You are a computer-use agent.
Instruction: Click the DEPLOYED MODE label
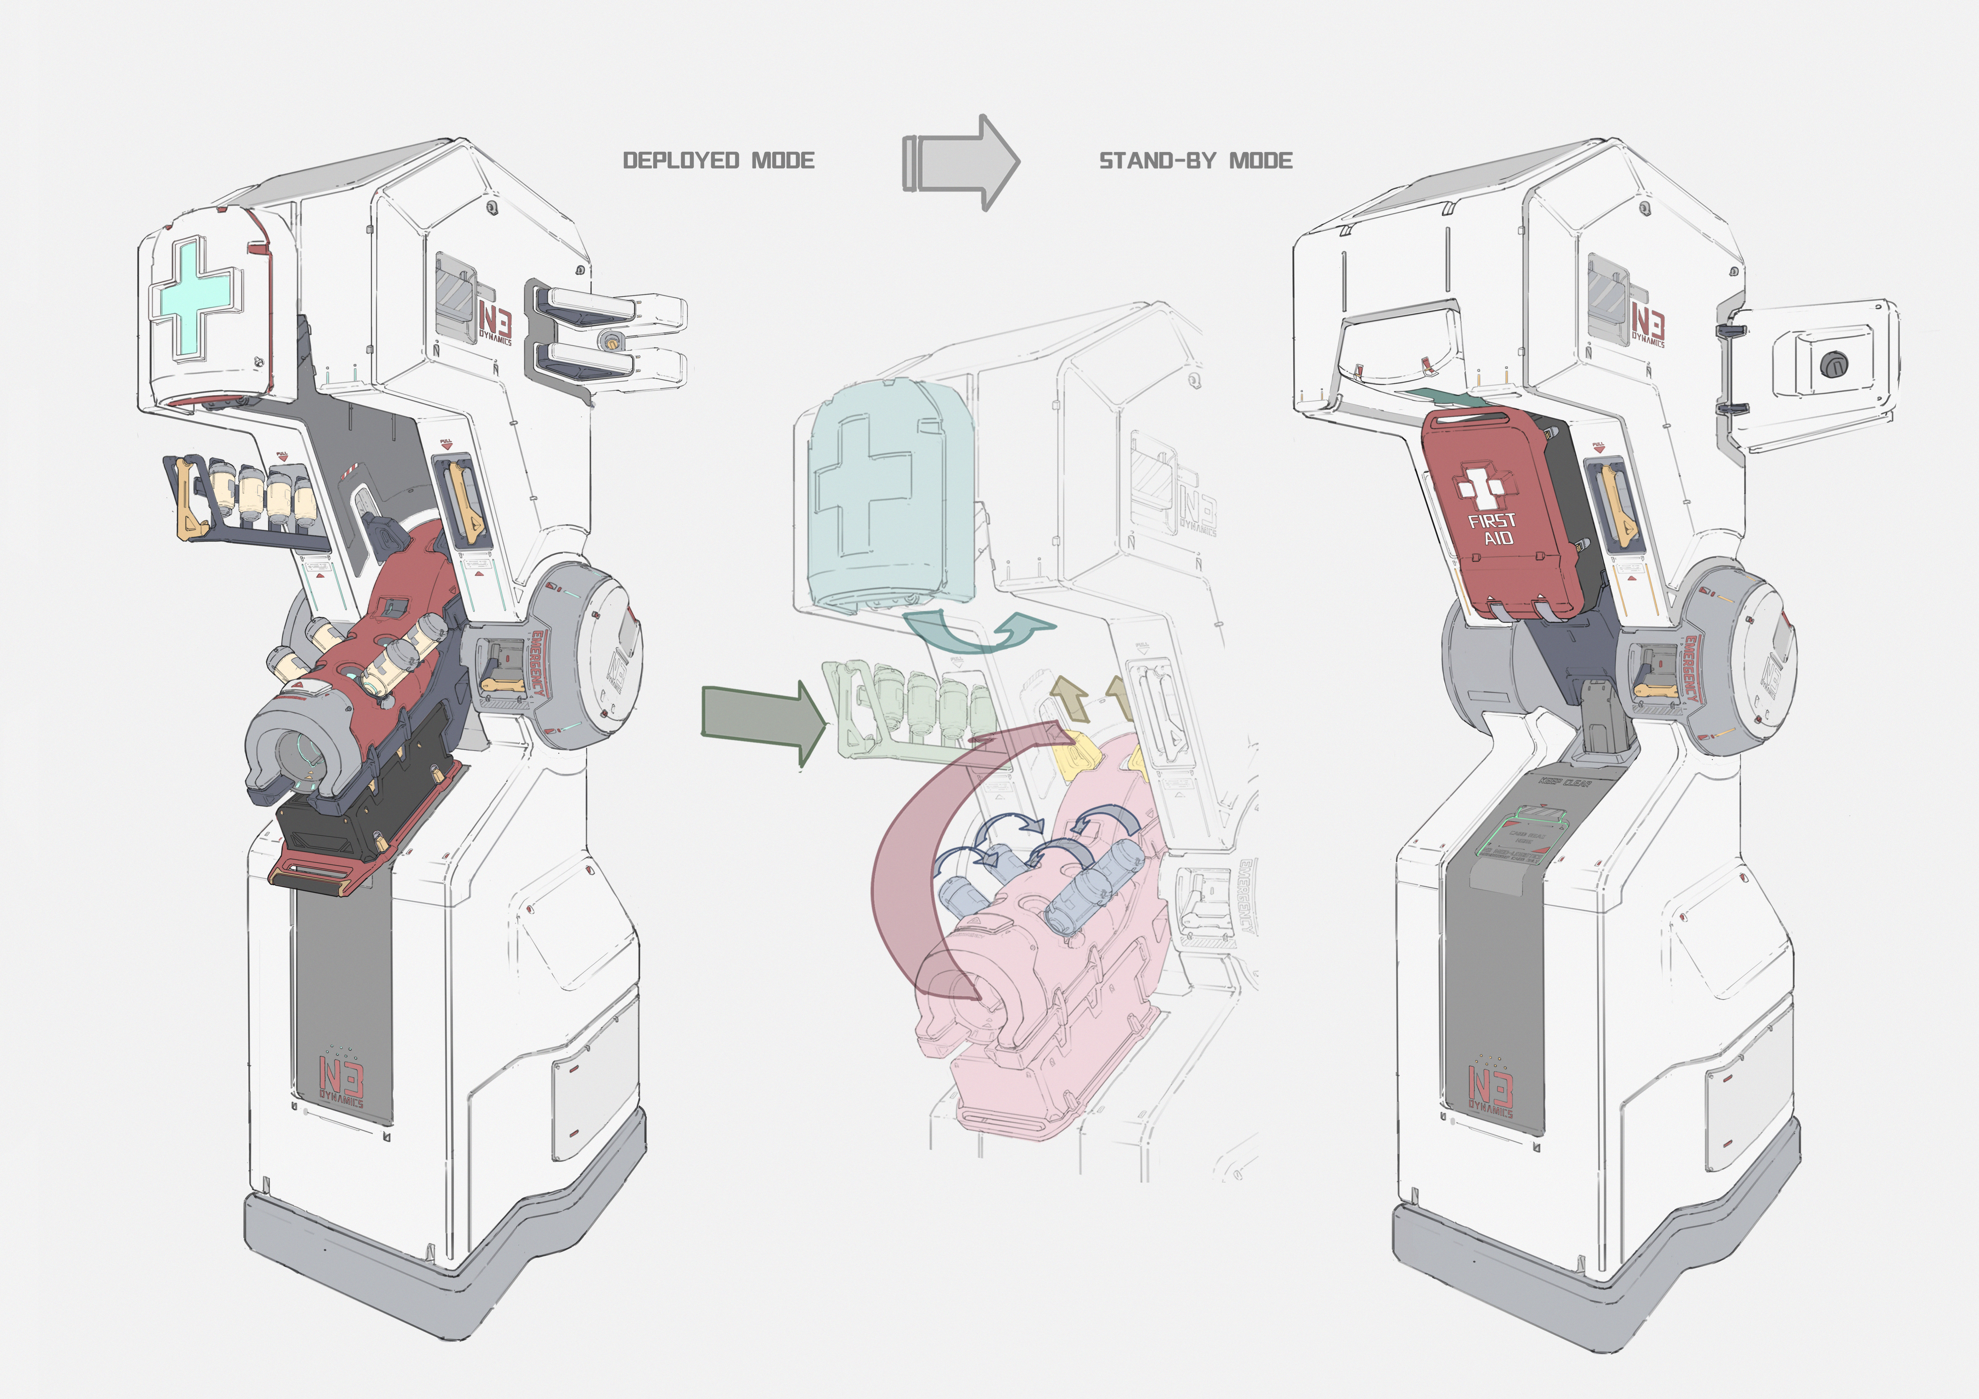click(718, 160)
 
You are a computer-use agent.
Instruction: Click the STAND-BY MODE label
click(1196, 160)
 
